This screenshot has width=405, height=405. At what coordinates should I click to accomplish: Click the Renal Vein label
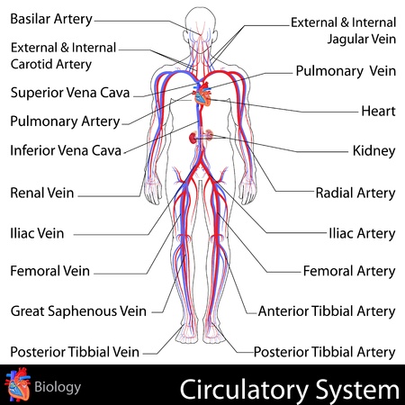(42, 192)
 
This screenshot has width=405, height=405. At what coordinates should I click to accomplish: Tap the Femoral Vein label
(49, 270)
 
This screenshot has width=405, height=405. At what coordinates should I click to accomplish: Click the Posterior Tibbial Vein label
(74, 351)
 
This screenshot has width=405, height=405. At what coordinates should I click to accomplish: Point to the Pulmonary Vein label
(345, 69)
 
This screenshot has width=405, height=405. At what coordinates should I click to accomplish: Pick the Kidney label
(373, 150)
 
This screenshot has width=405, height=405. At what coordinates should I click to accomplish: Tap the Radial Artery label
(355, 192)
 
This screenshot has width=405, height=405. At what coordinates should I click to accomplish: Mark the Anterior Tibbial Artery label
(326, 311)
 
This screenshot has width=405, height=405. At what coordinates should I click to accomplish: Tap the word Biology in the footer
(58, 388)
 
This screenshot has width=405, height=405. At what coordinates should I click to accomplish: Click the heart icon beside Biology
(17, 386)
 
